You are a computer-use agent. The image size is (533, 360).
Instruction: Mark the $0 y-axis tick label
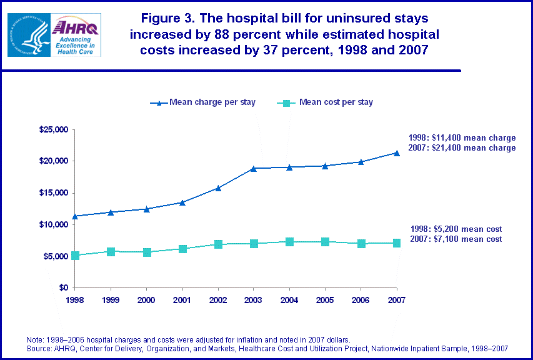(x=63, y=288)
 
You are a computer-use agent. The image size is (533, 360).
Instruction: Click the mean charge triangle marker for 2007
(x=396, y=152)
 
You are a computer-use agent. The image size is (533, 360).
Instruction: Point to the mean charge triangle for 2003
(x=253, y=168)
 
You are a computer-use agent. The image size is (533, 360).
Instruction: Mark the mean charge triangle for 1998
(x=74, y=216)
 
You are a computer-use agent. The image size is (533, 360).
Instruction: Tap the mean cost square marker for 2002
(x=217, y=244)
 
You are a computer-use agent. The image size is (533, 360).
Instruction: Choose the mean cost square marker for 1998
(x=74, y=255)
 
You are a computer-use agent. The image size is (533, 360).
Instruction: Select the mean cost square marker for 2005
(x=325, y=242)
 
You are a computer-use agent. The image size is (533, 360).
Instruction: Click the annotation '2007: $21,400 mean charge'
(x=462, y=148)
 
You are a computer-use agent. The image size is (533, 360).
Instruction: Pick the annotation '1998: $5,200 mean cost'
(x=456, y=229)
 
